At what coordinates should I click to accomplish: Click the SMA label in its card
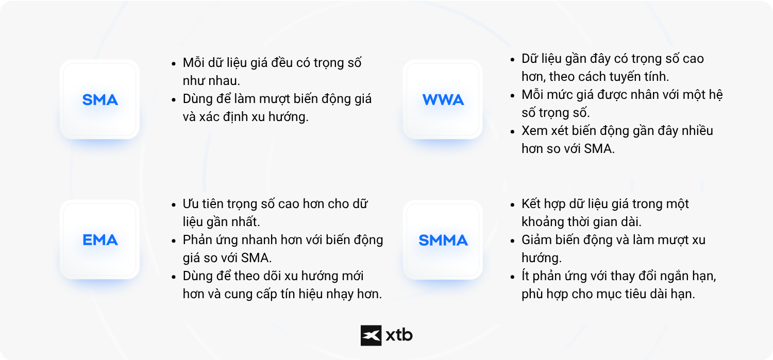[100, 100]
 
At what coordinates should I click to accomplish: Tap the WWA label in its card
[443, 100]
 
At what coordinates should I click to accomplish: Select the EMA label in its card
[100, 240]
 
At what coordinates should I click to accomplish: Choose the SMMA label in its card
[443, 240]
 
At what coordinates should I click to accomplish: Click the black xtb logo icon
[371, 335]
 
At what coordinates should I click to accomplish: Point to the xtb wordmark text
[399, 335]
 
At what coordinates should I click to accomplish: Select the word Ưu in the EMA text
[191, 203]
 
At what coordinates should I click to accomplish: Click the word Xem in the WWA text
[534, 130]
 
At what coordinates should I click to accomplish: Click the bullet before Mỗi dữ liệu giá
[174, 64]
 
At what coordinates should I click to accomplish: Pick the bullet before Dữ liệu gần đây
[512, 59]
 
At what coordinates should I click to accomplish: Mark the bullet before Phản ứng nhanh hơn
[174, 241]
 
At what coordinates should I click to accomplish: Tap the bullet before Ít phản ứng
[512, 277]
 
